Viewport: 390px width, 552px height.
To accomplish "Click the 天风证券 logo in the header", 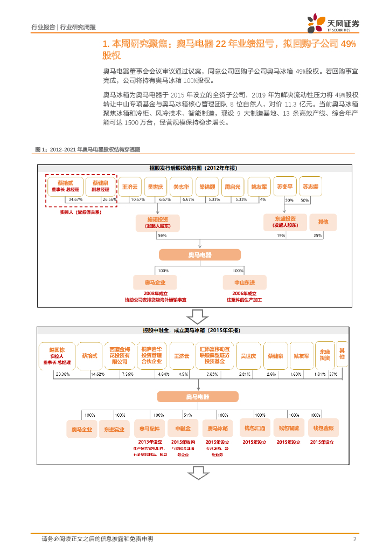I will [x=333, y=24].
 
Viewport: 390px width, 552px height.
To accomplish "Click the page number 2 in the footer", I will [x=355, y=539].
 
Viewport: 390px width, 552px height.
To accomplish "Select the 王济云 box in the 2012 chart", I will [x=130, y=187].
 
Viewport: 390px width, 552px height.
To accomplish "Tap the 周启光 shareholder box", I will [x=233, y=187].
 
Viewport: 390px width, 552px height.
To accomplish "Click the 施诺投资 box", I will [x=158, y=223].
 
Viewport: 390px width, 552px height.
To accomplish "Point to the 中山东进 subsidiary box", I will [x=244, y=282].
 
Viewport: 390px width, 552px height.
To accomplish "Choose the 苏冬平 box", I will [x=284, y=187].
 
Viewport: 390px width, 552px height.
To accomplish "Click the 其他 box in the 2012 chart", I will [x=323, y=222].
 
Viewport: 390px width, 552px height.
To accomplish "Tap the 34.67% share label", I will [x=75, y=199].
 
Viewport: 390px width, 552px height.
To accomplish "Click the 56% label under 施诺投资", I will [x=162, y=236].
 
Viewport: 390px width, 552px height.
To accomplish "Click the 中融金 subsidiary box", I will [x=183, y=429].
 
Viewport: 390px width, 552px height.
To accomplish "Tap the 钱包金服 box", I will [x=323, y=429].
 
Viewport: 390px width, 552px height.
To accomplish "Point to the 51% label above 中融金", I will [x=187, y=415].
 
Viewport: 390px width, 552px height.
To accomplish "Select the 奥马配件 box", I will [x=149, y=429].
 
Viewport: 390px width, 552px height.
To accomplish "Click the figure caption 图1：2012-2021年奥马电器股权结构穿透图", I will [x=87, y=149].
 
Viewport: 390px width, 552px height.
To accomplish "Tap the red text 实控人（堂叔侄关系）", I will [x=81, y=212].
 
